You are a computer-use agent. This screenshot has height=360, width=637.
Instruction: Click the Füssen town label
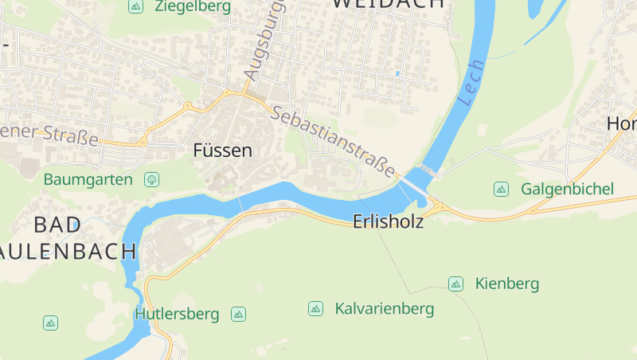pos(222,150)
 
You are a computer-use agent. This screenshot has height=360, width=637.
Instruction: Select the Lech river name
pos(471,83)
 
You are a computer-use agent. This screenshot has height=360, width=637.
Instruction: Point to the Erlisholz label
pos(388,223)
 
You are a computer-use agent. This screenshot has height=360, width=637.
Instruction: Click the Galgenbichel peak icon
pos(501,189)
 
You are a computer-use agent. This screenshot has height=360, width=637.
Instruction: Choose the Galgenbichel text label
pos(567,189)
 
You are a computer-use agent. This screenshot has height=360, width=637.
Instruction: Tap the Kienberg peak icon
pos(455,284)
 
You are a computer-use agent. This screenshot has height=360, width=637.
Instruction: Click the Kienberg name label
pos(506,284)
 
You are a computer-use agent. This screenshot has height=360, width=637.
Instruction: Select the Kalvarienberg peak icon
pos(315,308)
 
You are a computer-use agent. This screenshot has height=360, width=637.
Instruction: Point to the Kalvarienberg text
pos(384,308)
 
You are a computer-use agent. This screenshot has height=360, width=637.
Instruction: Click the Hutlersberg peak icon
pos(238,314)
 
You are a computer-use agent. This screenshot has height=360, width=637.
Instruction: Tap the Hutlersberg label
pos(177,314)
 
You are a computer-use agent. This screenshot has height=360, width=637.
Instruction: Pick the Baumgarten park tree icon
pos(151,179)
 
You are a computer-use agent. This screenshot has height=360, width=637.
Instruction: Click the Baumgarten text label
pos(88,179)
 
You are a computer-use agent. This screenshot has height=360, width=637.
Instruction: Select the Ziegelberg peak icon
pos(135,6)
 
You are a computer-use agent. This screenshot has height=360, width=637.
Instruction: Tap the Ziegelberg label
pos(193,6)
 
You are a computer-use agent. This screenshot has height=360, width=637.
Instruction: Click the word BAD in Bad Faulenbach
pos(57,225)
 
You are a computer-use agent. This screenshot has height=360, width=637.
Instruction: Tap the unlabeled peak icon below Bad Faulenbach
pos(50,323)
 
